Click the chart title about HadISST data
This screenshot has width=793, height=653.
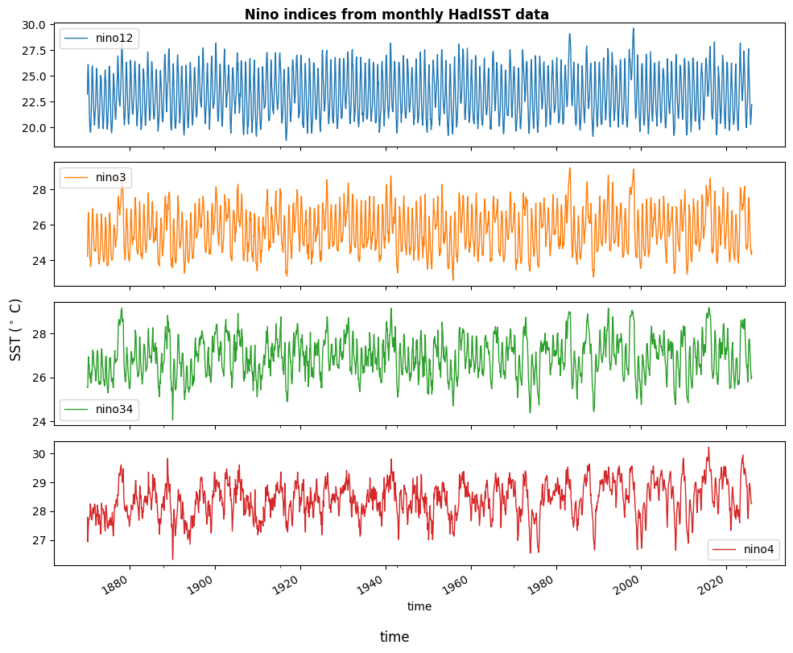[x=396, y=14]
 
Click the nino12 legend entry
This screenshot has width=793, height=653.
[x=99, y=38]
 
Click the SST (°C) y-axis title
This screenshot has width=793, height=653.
[x=16, y=329]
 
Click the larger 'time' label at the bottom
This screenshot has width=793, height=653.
[x=394, y=637]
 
